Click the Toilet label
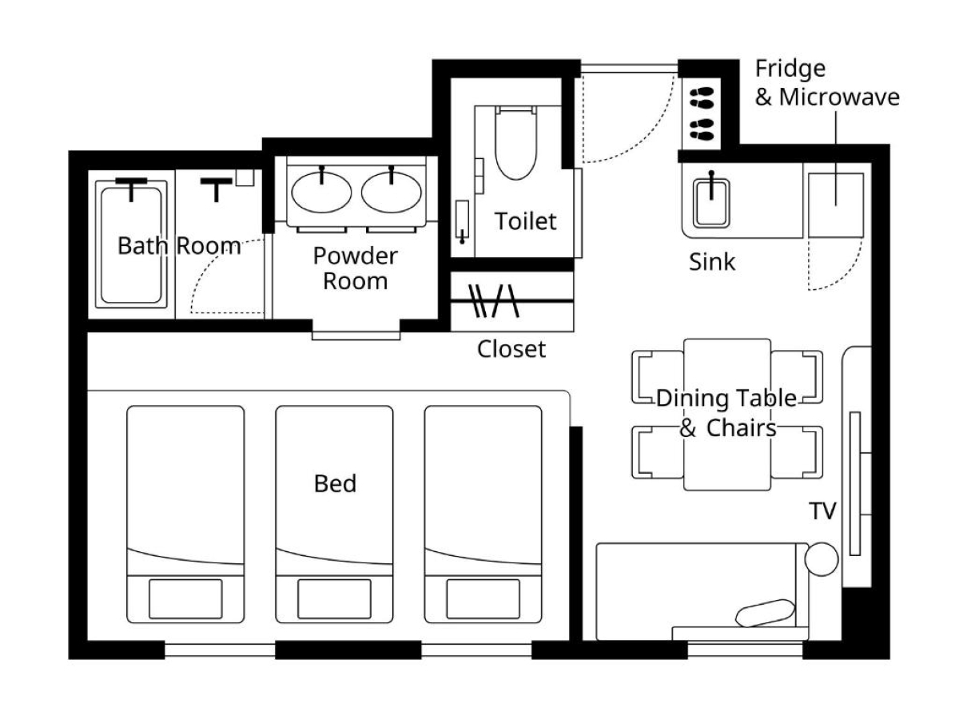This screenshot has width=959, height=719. pos(525,221)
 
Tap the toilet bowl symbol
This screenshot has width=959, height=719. pos(515,143)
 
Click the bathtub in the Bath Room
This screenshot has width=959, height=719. pos(131,244)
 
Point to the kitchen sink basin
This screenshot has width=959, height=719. pos(711,204)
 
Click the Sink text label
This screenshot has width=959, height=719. pos(712,262)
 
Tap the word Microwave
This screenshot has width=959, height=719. pos(839,97)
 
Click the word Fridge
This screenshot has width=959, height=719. pos(790,69)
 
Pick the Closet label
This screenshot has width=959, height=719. pos(511,349)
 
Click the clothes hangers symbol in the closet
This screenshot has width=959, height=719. pos(494,301)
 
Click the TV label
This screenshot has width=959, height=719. pos(822,510)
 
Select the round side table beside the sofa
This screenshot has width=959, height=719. pos(822,559)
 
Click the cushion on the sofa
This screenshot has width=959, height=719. pos(765,613)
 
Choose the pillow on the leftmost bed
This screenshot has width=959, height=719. pos(185,599)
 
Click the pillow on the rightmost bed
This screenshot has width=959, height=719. pos(483,599)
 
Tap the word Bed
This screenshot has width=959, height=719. pos(335,483)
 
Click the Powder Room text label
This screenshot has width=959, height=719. pos(355,268)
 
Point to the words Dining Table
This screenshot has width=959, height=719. pos(726,398)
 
